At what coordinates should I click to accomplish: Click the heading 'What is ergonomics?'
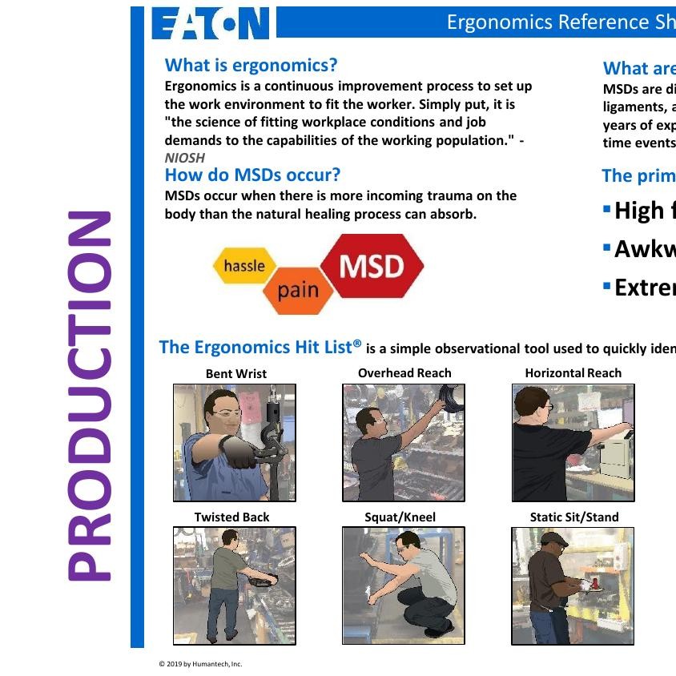click(x=251, y=65)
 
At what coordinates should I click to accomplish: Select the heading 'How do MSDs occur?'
click(x=252, y=175)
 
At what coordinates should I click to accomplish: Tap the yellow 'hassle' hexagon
click(x=244, y=266)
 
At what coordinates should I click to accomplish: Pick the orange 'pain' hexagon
click(x=298, y=290)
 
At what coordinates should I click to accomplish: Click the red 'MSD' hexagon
click(x=372, y=265)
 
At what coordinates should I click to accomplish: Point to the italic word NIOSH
click(x=184, y=158)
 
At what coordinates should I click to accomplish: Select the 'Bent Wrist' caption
click(x=235, y=373)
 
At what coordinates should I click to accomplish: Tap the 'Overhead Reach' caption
click(x=404, y=373)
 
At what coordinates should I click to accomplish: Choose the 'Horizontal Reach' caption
click(x=573, y=373)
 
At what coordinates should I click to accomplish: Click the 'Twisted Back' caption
click(x=231, y=517)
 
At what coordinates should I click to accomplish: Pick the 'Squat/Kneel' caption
click(x=400, y=517)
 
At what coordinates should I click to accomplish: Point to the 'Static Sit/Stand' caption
click(x=573, y=517)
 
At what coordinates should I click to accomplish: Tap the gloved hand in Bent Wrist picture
click(x=241, y=453)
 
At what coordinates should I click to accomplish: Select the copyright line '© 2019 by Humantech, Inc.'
click(x=200, y=664)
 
